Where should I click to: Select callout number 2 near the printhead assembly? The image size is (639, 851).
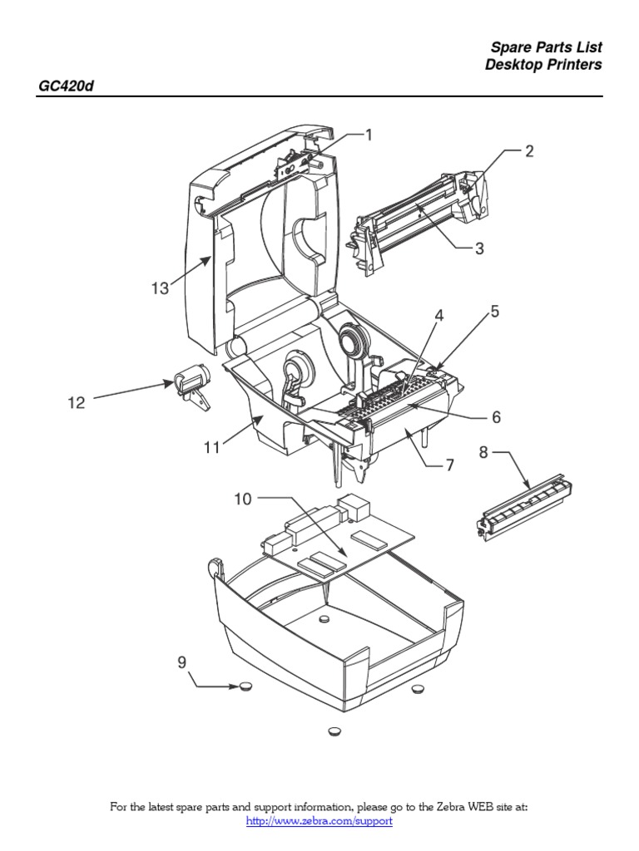528,151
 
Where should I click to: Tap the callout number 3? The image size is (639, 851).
478,248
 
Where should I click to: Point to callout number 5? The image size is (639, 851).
494,312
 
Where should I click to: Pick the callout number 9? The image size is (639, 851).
181,662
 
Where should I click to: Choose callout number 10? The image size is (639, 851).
242,499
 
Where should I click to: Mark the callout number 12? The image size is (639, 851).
77,403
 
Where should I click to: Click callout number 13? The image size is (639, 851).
160,288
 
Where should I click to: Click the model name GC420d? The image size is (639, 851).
64,86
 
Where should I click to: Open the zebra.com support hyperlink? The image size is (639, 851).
319,821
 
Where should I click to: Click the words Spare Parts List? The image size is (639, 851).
545,47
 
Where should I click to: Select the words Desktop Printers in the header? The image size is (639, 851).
543,65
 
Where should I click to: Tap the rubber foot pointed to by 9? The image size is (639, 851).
245,687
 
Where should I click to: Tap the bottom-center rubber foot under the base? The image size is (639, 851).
334,731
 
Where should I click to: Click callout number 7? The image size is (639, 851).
449,466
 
